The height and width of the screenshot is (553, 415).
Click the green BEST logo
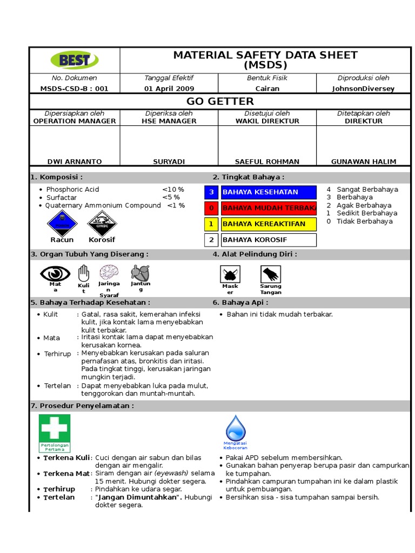click(x=74, y=59)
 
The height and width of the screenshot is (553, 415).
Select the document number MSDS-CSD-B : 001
click(x=74, y=89)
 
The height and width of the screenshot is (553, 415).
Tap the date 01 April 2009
click(x=169, y=89)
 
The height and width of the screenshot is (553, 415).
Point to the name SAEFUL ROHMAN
click(x=267, y=161)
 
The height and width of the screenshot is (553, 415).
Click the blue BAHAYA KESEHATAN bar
click(x=269, y=192)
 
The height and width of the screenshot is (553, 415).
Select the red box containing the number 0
click(x=212, y=208)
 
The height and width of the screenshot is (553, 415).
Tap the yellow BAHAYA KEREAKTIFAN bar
click(x=269, y=224)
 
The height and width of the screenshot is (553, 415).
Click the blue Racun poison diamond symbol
click(x=62, y=222)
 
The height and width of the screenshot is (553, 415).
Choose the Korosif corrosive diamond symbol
click(x=102, y=222)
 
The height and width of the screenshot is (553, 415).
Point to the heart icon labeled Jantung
click(x=140, y=272)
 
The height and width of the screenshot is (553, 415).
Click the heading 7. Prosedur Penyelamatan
click(x=82, y=406)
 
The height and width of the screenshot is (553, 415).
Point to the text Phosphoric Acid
click(x=72, y=190)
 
